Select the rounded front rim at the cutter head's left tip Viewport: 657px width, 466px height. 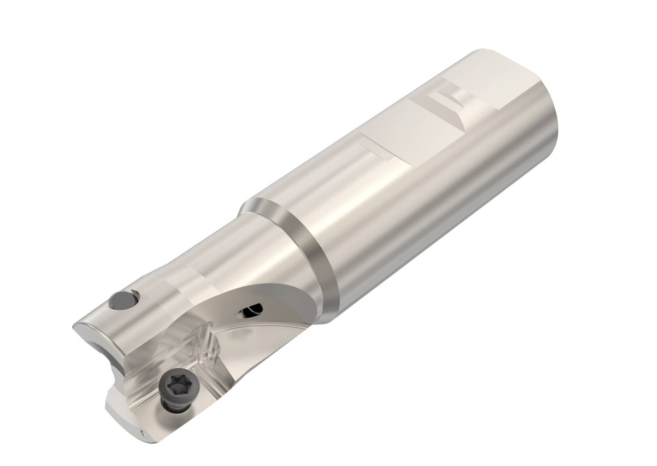(84, 327)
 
